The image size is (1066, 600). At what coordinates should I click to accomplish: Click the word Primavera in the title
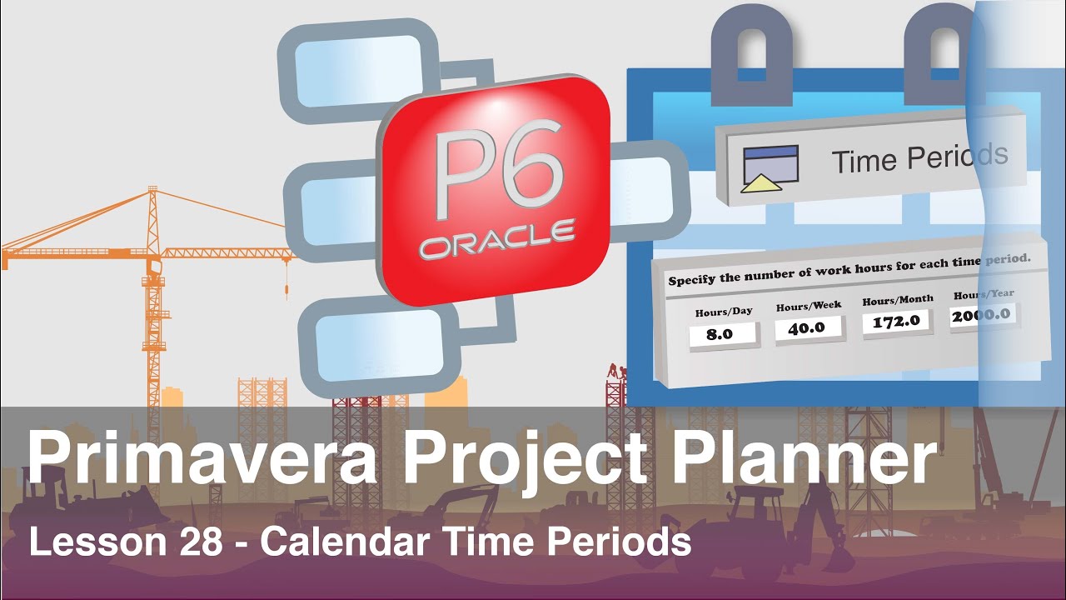(x=204, y=460)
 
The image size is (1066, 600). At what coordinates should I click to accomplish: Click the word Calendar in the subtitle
(x=344, y=542)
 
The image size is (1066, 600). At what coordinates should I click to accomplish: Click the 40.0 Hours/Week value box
(x=809, y=327)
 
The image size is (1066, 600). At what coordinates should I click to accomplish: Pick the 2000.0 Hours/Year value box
(x=983, y=315)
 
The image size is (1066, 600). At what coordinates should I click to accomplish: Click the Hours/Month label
(x=898, y=299)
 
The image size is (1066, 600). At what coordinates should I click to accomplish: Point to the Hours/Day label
(x=724, y=312)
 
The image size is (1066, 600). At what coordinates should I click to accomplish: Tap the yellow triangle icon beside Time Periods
(x=760, y=183)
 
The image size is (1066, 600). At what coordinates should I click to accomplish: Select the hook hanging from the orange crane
(x=287, y=291)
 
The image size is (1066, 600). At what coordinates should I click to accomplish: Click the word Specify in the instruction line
(x=693, y=279)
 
